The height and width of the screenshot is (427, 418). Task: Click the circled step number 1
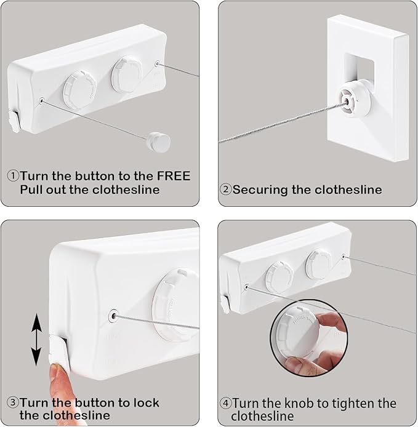[12, 176]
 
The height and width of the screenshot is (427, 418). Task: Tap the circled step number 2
[225, 190]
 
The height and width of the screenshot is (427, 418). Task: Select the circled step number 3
[12, 404]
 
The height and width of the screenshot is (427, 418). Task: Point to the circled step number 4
[225, 404]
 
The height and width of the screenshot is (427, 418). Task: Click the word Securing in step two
[261, 190]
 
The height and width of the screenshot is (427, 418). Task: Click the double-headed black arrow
[36, 340]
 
